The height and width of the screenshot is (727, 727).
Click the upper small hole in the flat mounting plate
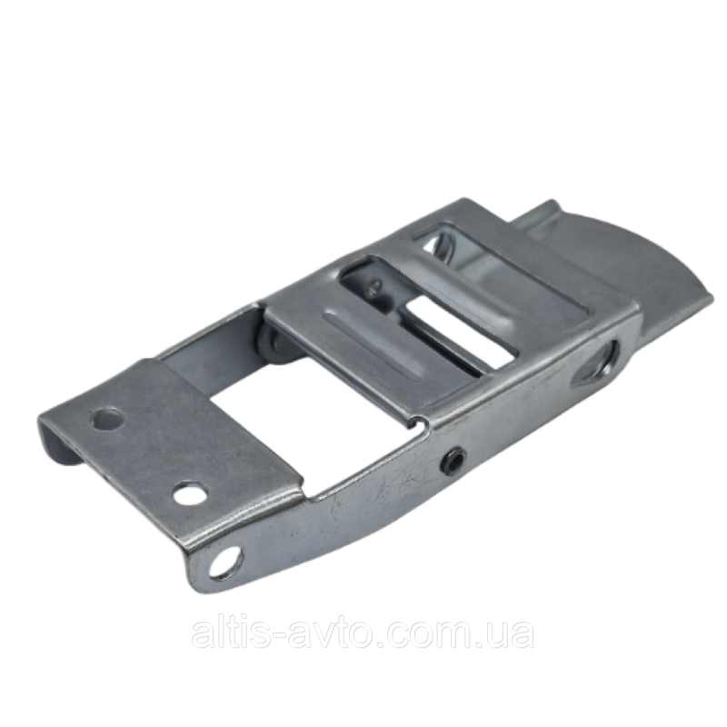[x=107, y=419]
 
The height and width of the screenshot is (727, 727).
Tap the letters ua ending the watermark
[x=516, y=635]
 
